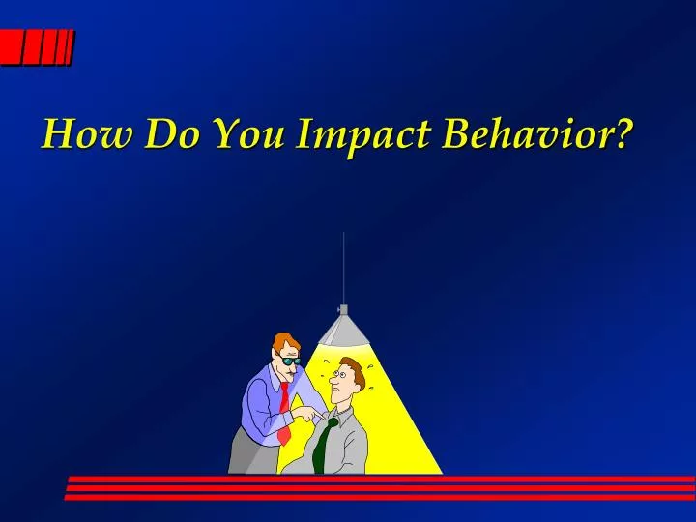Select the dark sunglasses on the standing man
pyautogui.click(x=291, y=362)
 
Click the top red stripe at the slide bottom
pyautogui.click(x=387, y=478)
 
